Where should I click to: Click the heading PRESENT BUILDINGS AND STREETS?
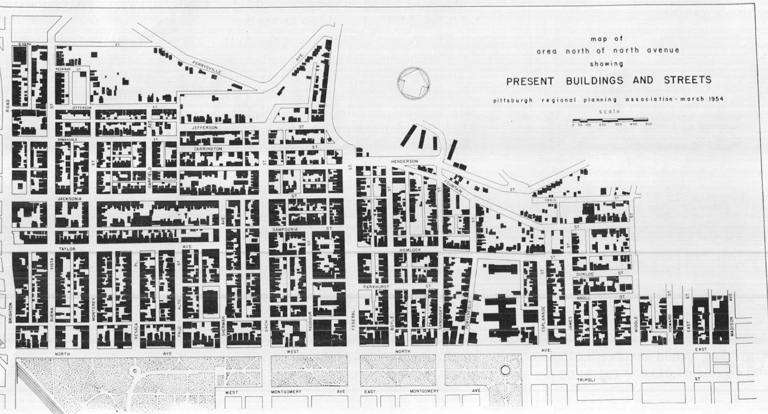609,80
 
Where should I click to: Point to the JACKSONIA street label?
70,198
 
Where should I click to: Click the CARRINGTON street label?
207,149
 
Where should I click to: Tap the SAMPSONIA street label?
286,230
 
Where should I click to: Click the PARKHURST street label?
375,287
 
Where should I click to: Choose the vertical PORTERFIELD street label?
470,315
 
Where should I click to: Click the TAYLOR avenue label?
64,250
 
